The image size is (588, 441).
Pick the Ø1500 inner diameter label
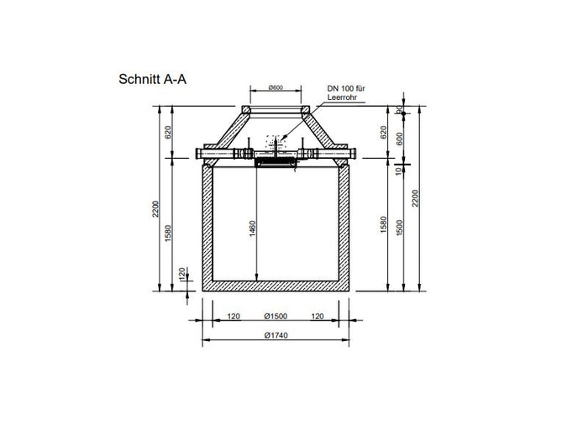(x=275, y=318)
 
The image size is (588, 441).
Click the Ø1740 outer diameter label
(x=275, y=335)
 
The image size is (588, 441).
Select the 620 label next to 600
(x=384, y=132)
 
